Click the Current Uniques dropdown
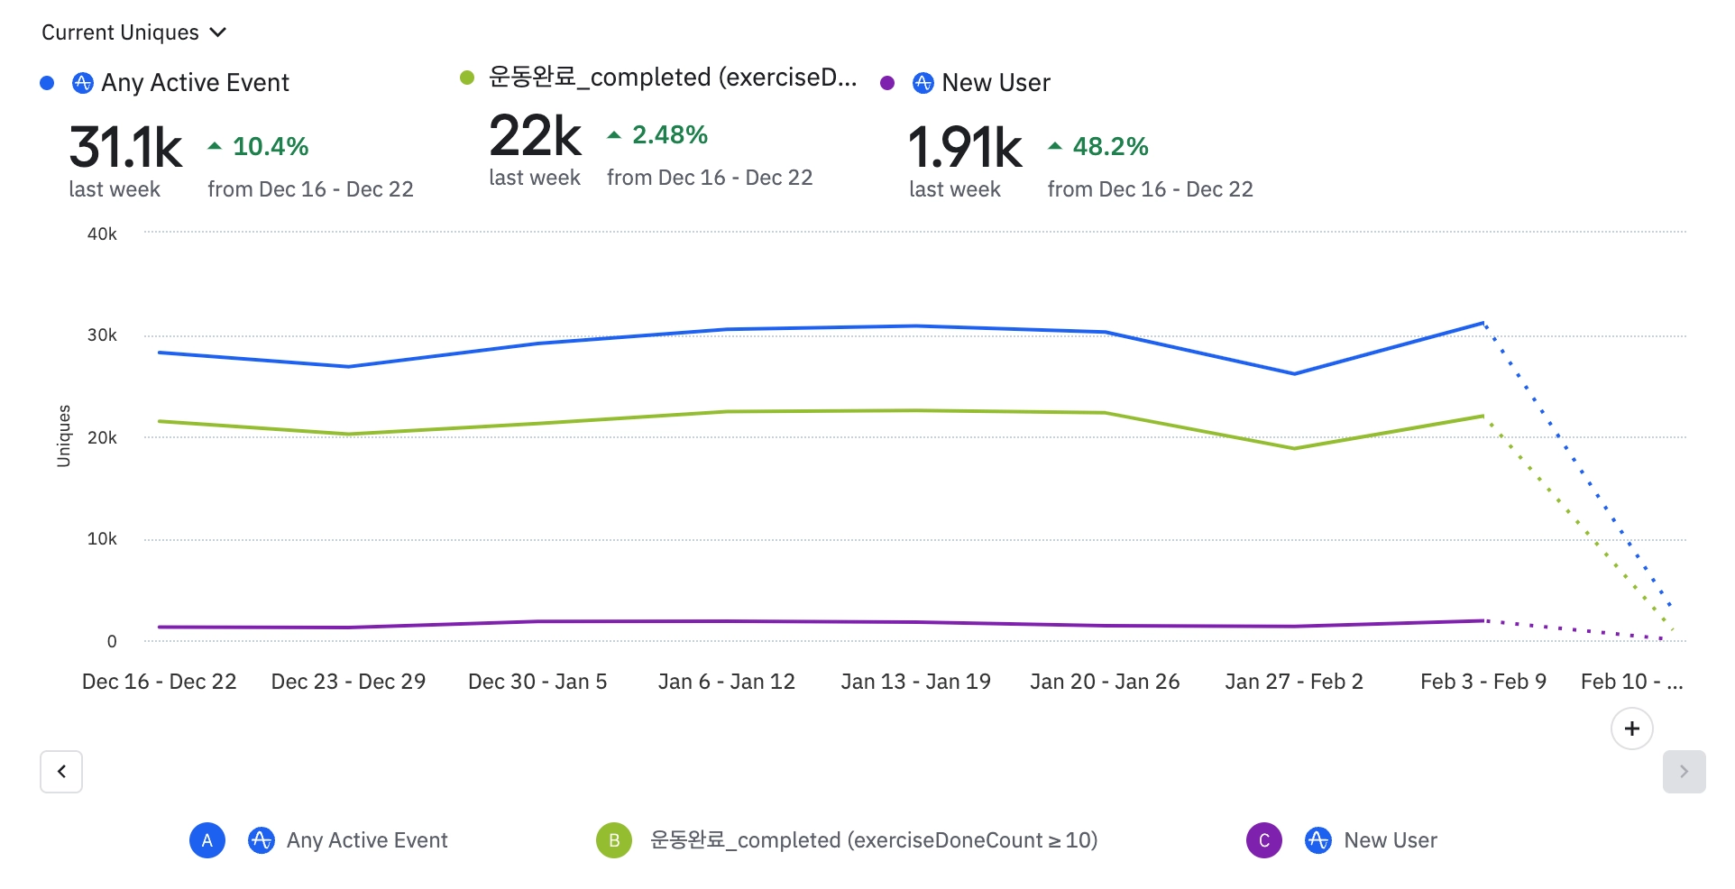point(133,32)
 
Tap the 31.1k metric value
point(125,148)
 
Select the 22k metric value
point(535,136)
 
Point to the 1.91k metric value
point(965,148)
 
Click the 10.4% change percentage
point(270,146)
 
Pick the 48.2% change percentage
point(1109,146)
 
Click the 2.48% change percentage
point(669,135)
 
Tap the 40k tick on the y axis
point(102,234)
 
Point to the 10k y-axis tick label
point(102,539)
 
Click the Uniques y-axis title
point(63,436)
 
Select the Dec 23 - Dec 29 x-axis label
point(348,682)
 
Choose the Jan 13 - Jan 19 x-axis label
point(915,682)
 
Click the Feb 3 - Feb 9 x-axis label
point(1483,682)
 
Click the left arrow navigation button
point(61,772)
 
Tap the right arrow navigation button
point(1684,772)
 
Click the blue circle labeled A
point(207,840)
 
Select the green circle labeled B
point(614,840)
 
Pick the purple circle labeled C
point(1264,840)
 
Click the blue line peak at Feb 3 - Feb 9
point(1483,323)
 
